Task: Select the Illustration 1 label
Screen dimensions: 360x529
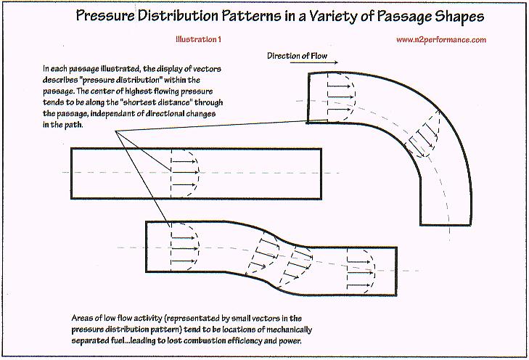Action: pyautogui.click(x=200, y=41)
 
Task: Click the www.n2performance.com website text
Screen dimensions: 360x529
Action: pyautogui.click(x=441, y=41)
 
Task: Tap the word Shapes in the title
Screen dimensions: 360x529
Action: pyautogui.click(x=462, y=15)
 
